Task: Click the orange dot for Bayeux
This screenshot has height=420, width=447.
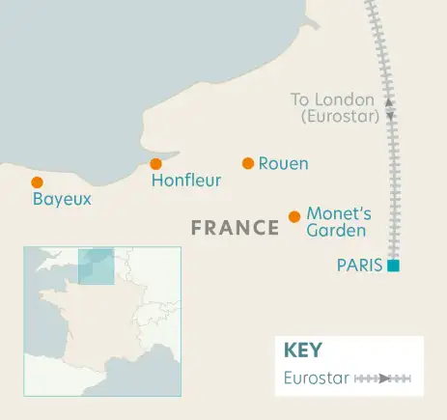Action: point(37,182)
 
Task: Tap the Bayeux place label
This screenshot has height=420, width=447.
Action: point(62,200)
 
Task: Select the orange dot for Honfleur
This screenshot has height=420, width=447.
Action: point(155,164)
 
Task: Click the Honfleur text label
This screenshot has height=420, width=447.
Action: point(186,181)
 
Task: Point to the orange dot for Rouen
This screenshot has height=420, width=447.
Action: point(248,163)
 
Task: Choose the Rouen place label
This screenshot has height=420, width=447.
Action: point(284,164)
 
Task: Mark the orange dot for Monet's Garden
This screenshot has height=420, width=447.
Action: point(294,216)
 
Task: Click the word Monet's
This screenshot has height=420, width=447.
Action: point(333,213)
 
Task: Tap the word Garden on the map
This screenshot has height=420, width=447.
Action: point(336,231)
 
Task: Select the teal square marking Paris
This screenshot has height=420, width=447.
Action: point(393,266)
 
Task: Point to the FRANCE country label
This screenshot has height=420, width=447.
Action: point(235,228)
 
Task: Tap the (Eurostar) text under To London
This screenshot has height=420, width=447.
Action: point(340,117)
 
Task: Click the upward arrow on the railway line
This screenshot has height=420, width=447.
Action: point(389,100)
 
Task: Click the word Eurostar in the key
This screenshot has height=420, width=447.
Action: point(317,378)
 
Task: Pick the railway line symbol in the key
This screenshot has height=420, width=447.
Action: point(383,378)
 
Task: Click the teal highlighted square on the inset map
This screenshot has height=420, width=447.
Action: point(96,266)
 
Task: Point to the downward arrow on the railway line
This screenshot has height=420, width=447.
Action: point(390,116)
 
